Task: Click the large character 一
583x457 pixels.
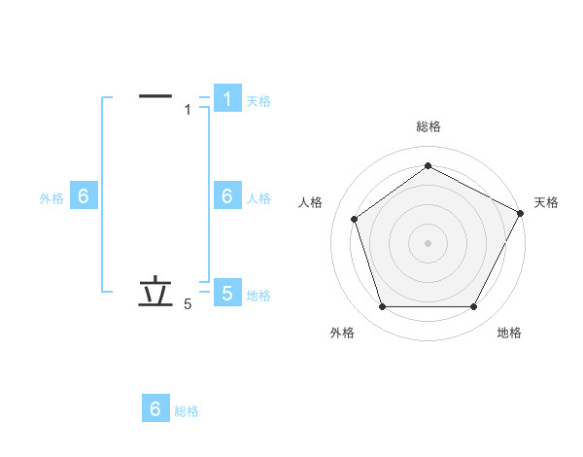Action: coord(155,96)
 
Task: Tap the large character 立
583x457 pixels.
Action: coord(155,292)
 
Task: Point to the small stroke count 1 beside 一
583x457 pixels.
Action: coord(188,110)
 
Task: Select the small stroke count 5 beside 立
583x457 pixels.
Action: coord(188,304)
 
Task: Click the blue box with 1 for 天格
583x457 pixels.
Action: coord(226,99)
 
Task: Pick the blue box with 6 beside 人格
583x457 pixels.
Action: coord(226,196)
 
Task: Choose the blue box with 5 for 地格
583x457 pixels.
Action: coord(226,293)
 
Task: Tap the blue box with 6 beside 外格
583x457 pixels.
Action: coord(84,196)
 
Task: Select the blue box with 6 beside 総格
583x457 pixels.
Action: coord(155,409)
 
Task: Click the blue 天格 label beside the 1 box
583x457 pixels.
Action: coord(258,100)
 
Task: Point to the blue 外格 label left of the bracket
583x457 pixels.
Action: coord(51,197)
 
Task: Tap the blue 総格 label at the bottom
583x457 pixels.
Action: coord(187,411)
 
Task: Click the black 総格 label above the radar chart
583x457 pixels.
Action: coord(428,126)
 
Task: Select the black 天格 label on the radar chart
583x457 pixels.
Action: coord(546,202)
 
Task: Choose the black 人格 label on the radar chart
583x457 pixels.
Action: coord(310,202)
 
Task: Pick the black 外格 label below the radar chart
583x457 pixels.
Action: coord(342,333)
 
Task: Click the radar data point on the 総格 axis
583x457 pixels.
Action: coord(428,165)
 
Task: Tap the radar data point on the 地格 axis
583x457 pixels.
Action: coord(473,306)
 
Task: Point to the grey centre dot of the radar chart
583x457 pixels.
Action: coord(428,242)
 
